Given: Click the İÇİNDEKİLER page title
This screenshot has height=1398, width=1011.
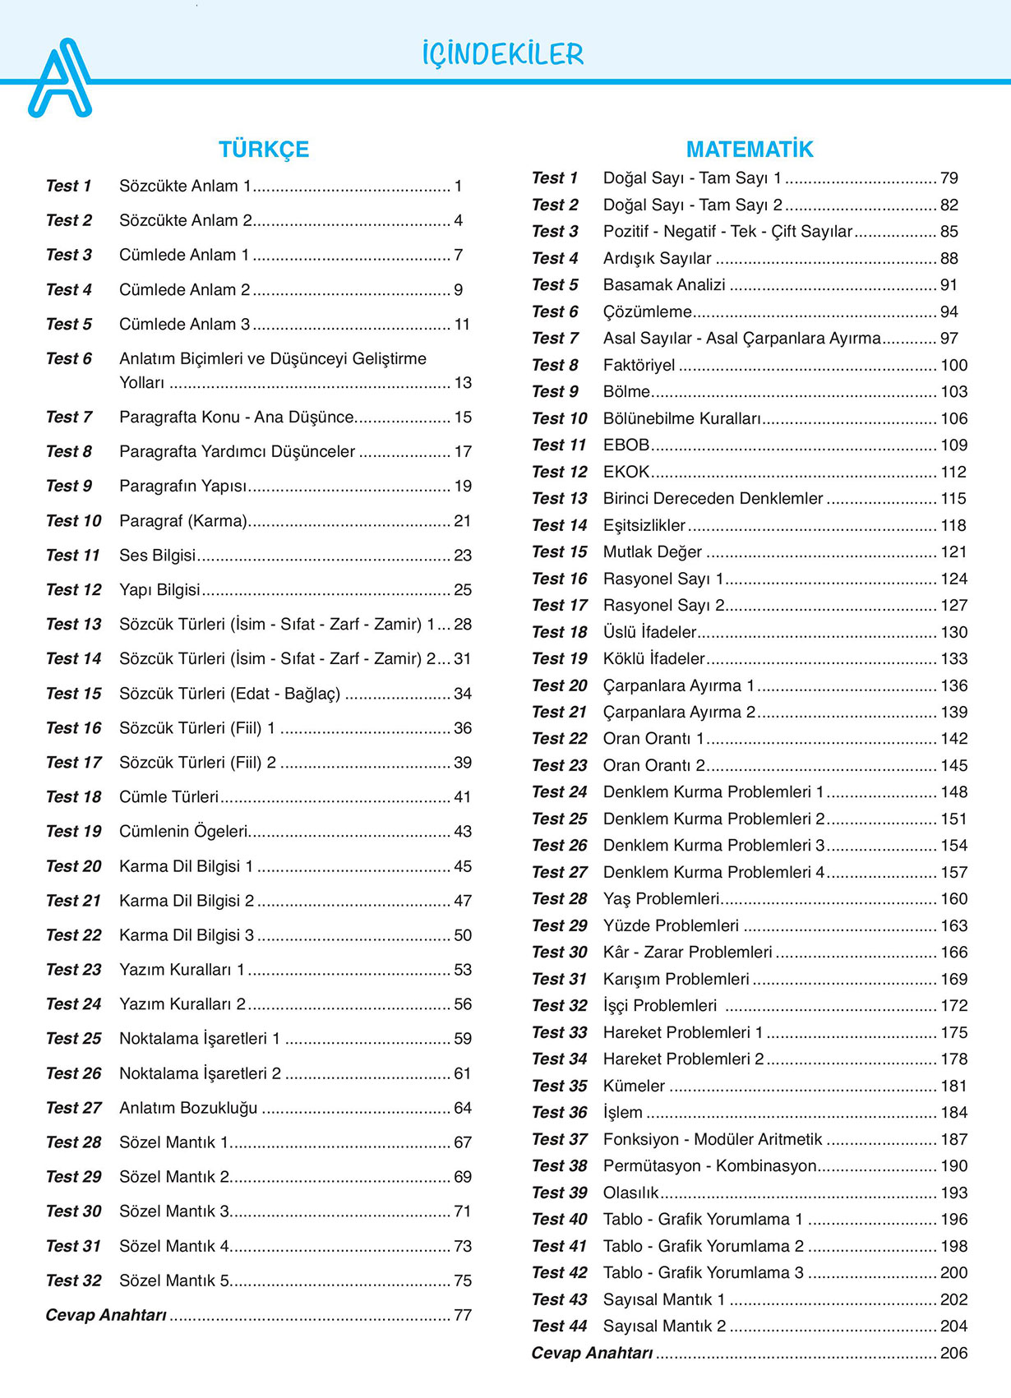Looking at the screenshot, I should (x=502, y=55).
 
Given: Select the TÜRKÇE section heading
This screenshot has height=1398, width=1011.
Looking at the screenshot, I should (x=264, y=150).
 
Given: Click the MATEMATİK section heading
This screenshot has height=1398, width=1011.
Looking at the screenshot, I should (x=749, y=150).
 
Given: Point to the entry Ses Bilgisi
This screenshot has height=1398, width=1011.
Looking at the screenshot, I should (x=158, y=556).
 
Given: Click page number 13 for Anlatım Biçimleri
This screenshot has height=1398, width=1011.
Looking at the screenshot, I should (x=463, y=383).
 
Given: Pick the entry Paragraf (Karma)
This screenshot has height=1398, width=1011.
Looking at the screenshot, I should (x=183, y=521).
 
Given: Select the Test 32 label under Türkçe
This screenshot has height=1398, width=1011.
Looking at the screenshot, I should (x=73, y=1280).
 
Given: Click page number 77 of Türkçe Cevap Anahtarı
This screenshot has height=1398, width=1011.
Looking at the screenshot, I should (x=463, y=1315).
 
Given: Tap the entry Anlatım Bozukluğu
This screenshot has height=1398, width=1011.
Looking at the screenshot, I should (x=188, y=1108).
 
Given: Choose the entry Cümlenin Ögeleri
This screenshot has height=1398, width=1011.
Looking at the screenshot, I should (x=183, y=832).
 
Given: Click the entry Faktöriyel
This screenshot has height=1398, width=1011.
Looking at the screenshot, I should (x=639, y=365).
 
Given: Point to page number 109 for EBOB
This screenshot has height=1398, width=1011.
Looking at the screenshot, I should (x=953, y=445).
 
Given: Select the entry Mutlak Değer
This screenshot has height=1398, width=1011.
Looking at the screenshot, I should (x=653, y=552).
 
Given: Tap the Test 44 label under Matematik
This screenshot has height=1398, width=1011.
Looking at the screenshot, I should (x=559, y=1326).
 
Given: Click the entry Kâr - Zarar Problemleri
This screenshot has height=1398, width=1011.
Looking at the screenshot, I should (x=687, y=953).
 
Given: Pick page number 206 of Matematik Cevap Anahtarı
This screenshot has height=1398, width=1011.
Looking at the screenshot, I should (x=953, y=1353).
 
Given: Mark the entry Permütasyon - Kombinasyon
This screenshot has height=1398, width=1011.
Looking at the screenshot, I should (x=709, y=1166).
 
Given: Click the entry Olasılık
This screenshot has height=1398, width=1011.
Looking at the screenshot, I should (x=631, y=1193).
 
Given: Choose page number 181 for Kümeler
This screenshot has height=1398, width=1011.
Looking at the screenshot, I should (x=953, y=1086).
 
